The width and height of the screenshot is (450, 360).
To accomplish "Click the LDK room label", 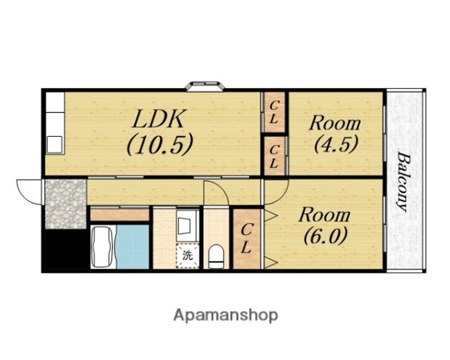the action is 158,118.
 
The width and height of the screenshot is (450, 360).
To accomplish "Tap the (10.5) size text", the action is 159,144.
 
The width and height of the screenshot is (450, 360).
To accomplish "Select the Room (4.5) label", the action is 335,134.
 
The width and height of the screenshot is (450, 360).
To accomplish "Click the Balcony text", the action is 403,182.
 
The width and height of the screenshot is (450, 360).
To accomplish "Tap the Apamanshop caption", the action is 226,316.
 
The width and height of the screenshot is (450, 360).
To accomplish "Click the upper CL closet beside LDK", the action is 274,112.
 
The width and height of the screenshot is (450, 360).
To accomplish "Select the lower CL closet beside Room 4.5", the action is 275,156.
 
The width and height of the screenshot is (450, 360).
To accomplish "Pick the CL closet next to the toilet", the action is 247,239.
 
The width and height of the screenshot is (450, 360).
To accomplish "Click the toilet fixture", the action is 216,256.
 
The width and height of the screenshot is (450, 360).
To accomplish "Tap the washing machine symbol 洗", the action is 187,256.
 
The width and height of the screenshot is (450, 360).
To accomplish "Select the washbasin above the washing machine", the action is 187,225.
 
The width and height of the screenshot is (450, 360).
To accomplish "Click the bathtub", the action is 102,247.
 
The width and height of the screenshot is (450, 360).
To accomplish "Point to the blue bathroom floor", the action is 132,247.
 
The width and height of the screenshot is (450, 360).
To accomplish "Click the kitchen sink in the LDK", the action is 55,145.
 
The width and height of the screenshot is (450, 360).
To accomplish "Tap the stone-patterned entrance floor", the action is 66,204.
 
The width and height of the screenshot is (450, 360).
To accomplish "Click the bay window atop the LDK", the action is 204,86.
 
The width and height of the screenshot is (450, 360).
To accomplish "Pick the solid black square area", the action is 66,249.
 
